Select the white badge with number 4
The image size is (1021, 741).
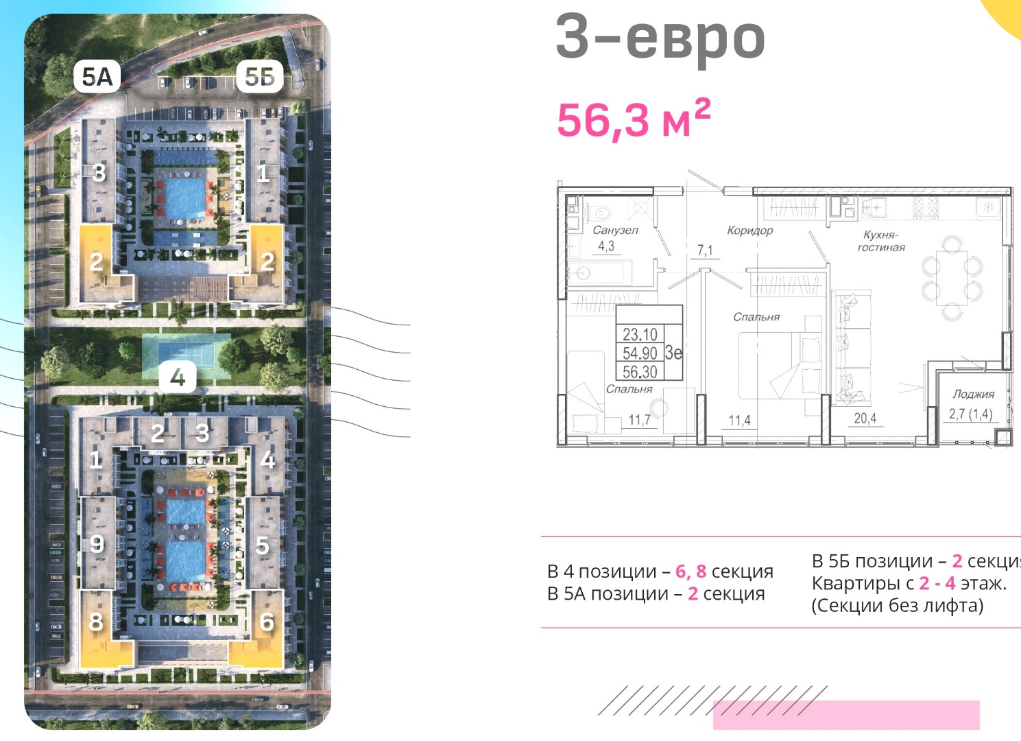[178, 377]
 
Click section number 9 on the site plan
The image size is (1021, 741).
[97, 543]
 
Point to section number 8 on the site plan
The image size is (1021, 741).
[96, 622]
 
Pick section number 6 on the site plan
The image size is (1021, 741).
[267, 622]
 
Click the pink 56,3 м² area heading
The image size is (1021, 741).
[634, 119]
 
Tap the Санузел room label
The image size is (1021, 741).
[615, 231]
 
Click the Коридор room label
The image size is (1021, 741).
[749, 231]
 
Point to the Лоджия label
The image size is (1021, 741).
[973, 394]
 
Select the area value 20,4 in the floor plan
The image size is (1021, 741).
[865, 418]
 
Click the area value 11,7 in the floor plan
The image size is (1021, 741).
[640, 419]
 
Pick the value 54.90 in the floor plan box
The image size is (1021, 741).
[640, 353]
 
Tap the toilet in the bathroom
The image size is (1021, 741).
[599, 212]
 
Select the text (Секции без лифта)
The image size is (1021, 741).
[897, 606]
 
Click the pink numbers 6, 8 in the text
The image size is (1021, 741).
[691, 571]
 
